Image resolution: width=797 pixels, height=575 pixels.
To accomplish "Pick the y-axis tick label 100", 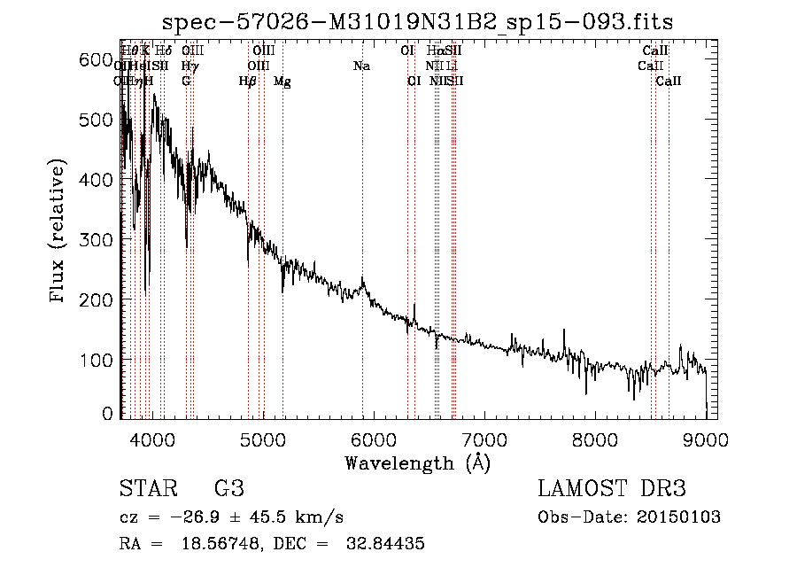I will (100, 360).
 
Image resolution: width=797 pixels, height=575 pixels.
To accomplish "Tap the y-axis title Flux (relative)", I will (59, 232).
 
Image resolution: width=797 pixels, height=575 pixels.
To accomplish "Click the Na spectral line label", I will (361, 66).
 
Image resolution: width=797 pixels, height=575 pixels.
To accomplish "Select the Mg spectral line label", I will (282, 82).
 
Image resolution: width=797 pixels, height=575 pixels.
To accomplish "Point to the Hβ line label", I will (248, 82).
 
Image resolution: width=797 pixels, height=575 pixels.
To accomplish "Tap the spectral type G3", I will (228, 489).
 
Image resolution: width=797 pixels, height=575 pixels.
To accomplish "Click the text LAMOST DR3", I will (612, 489).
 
